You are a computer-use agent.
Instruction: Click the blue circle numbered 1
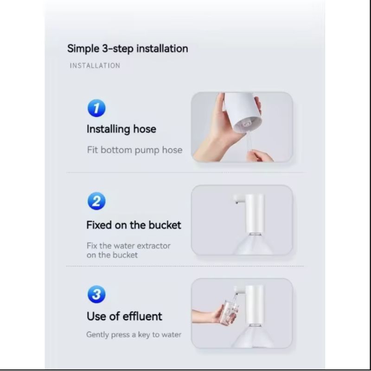pos(96,108)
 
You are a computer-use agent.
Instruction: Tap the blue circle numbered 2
pos(96,201)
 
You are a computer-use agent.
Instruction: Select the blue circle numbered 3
pos(96,294)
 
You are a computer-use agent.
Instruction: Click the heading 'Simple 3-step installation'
pos(128,49)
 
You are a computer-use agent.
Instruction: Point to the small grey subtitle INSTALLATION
pos(95,65)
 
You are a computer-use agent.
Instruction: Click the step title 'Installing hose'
pos(122,129)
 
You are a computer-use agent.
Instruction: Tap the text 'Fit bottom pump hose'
pos(134,150)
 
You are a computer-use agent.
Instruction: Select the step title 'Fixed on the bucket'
pos(134,225)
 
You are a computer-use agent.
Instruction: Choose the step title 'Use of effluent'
pos(124,316)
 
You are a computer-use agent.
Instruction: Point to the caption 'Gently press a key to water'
pos(134,334)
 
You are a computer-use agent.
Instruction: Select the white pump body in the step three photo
pos(254,305)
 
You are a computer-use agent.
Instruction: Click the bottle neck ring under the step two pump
pos(256,234)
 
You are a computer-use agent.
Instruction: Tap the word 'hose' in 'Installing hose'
pos(145,129)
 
